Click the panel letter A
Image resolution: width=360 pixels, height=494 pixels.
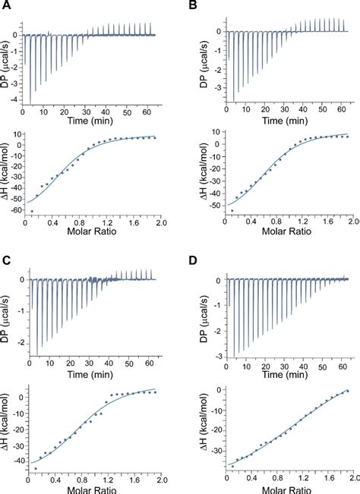click(6, 6)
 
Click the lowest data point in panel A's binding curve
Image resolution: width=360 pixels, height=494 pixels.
click(33, 211)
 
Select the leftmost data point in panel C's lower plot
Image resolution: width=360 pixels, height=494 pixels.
click(35, 468)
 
